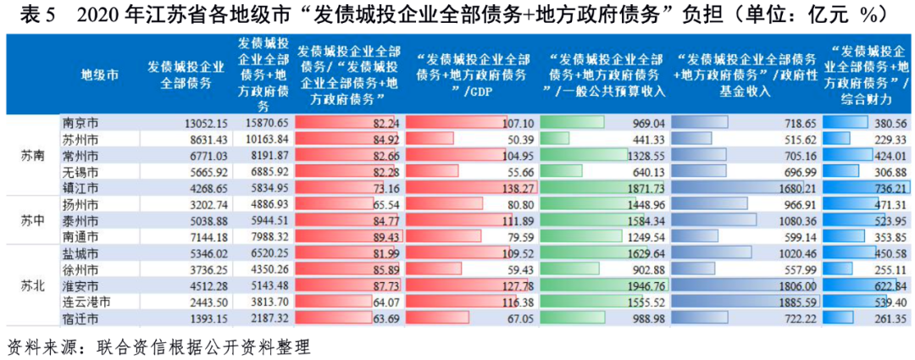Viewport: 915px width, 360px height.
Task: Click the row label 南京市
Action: tap(80, 123)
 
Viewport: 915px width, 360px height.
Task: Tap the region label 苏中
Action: tap(33, 220)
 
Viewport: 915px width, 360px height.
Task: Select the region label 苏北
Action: tap(33, 285)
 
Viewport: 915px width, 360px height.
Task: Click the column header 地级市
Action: tap(99, 75)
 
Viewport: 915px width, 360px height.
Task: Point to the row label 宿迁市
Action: tap(80, 318)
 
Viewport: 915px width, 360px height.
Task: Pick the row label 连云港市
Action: tap(86, 302)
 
